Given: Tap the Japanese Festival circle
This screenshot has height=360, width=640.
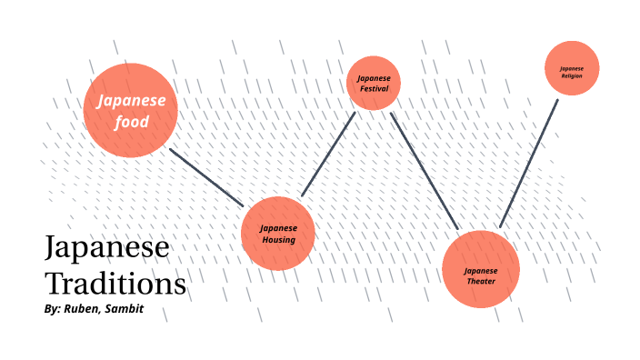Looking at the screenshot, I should pyautogui.click(x=374, y=84).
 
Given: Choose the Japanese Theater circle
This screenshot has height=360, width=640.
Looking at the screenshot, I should pyautogui.click(x=481, y=270).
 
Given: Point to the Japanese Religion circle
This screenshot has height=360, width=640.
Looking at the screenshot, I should pyautogui.click(x=572, y=68).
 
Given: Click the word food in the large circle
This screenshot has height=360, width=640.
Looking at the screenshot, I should pyautogui.click(x=132, y=122).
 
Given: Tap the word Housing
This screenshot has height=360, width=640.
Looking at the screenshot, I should pyautogui.click(x=278, y=240).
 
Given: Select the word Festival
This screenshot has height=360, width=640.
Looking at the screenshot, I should pyautogui.click(x=374, y=89).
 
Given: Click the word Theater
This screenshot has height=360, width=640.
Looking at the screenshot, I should pyautogui.click(x=481, y=282).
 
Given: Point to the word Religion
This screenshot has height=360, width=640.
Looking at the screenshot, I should pyautogui.click(x=572, y=75).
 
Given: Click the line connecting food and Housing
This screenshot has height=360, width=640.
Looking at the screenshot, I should pyautogui.click(x=206, y=177).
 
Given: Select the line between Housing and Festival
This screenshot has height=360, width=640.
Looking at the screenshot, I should pyautogui.click(x=328, y=154).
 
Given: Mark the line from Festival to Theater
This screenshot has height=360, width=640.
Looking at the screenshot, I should pyautogui.click(x=425, y=171).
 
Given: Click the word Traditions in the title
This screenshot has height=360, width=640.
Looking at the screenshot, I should pyautogui.click(x=115, y=284).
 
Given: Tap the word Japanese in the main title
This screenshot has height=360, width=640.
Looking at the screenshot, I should pyautogui.click(x=106, y=249).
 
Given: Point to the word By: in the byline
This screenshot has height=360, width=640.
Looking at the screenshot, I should pyautogui.click(x=52, y=310).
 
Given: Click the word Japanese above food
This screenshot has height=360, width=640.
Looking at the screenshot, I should pyautogui.click(x=132, y=101).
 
